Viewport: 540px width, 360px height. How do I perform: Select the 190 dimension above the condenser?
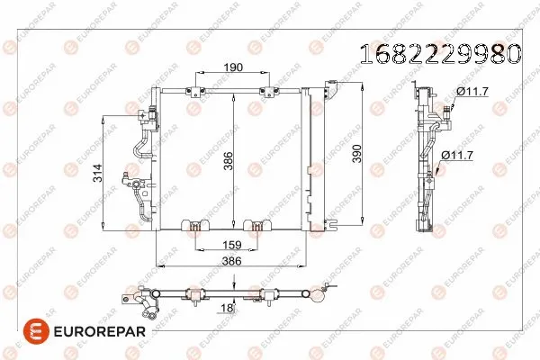click(231, 67)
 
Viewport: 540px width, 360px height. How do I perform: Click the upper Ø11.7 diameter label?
click(472, 90)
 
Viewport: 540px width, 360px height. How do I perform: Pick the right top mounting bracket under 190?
click(267, 89)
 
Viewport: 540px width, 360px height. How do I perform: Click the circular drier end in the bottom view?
click(318, 292)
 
